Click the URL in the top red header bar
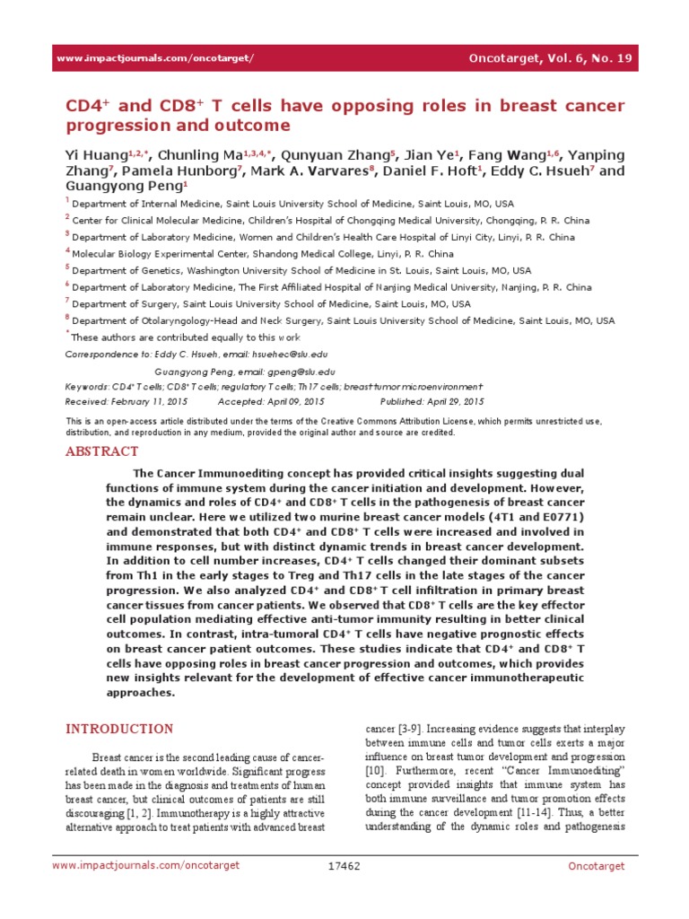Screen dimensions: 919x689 pos(155,58)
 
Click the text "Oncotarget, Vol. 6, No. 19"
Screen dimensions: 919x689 pos(552,58)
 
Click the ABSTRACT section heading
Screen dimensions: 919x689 pos(101,451)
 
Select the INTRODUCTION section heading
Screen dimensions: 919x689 pos(120,729)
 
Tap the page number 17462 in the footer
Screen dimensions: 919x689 pos(344,890)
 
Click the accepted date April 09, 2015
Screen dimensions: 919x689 pos(294,401)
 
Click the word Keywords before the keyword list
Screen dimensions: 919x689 pos(86,386)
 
